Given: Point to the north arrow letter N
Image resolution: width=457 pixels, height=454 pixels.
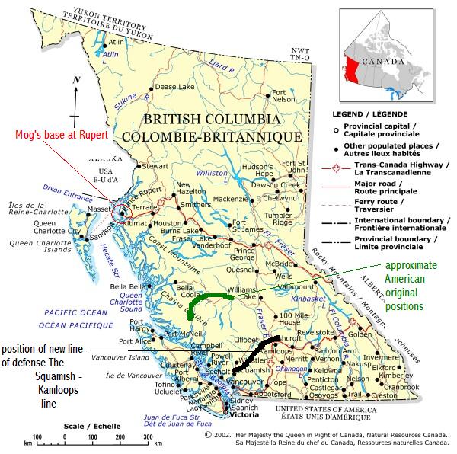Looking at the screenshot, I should pos(75,80).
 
